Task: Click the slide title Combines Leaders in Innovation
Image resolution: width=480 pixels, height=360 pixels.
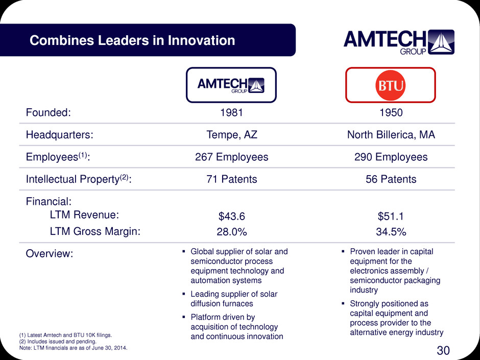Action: tap(132, 40)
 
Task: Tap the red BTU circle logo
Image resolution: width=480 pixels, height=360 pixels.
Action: tap(390, 85)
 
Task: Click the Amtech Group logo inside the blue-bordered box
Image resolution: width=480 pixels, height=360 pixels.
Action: tap(231, 85)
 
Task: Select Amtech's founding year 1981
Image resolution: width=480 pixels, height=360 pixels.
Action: tap(231, 113)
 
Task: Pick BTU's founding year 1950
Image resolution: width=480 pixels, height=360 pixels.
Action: tap(391, 113)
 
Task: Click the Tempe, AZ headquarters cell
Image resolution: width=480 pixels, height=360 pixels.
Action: tap(232, 135)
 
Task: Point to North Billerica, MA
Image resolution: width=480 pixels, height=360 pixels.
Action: tap(391, 135)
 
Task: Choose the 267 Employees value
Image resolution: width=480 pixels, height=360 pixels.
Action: tap(232, 157)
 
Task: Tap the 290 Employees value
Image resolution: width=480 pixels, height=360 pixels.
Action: tap(391, 157)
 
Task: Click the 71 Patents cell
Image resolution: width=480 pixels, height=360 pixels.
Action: tap(232, 179)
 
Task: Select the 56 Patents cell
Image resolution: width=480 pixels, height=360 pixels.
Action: tap(391, 179)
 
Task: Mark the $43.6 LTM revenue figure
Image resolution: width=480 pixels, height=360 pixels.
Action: tap(232, 217)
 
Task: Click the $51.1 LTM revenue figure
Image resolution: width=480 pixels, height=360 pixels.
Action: tap(391, 217)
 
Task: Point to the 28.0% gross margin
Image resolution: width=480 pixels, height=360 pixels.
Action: tap(232, 232)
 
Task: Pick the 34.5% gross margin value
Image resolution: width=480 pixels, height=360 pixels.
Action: tap(391, 232)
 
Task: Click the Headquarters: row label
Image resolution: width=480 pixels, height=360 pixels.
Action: tap(59, 135)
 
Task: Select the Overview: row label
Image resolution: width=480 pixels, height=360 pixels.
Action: tap(50, 253)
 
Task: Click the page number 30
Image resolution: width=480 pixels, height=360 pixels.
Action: tap(443, 350)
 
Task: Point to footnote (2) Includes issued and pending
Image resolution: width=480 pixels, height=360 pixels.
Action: tap(58, 341)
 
